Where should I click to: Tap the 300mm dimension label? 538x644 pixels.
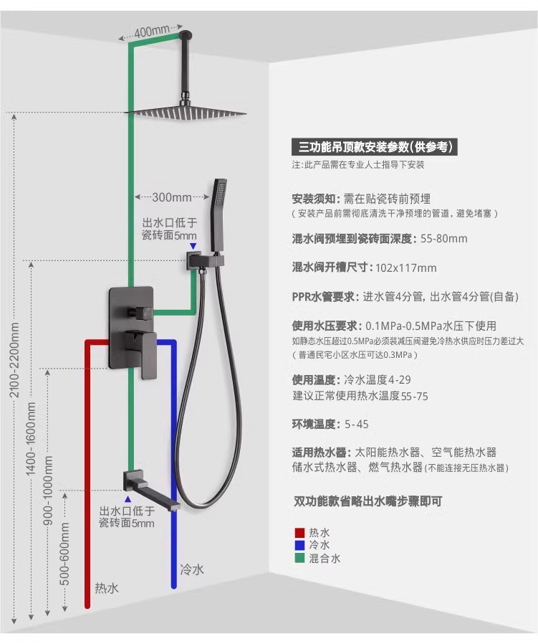(x=171, y=197)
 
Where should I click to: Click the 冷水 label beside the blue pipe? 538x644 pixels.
(x=192, y=570)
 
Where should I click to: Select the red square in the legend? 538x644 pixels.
(x=299, y=532)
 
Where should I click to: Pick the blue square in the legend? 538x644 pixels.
(x=299, y=545)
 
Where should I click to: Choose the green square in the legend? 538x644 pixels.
(x=299, y=558)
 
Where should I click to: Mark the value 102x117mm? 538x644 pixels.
(x=406, y=267)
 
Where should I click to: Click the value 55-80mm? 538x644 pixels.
(x=444, y=239)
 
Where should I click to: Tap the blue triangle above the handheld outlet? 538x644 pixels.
(x=193, y=245)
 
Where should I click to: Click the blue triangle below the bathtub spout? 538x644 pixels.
(x=128, y=498)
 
